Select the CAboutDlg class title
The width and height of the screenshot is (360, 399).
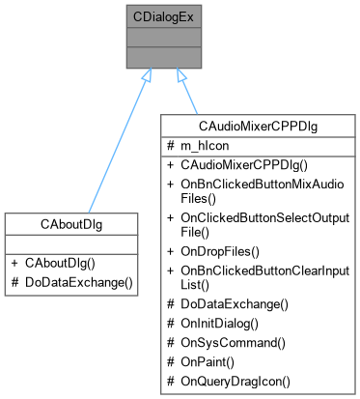[72, 223]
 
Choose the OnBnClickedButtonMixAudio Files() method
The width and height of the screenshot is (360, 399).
[253, 189]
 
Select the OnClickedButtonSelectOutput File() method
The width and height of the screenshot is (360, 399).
[256, 223]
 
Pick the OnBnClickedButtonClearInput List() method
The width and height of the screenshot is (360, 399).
[257, 275]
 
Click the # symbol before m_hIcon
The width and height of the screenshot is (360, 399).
[170, 144]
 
